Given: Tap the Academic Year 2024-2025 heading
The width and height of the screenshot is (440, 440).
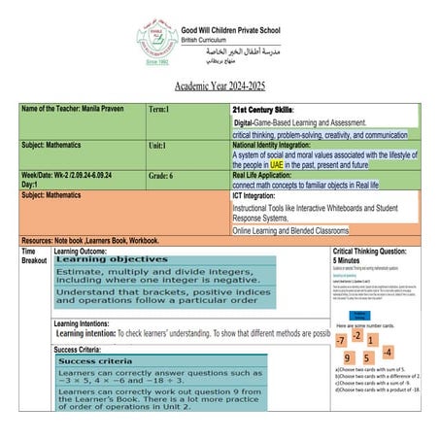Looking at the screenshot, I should click(220, 86).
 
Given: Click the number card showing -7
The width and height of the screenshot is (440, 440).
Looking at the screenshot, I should click(340, 341).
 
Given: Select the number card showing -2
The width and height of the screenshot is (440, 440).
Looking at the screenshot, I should click(357, 335).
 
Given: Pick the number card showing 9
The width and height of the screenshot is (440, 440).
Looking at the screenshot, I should click(348, 358).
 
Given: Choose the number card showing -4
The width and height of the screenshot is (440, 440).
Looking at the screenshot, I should click(387, 352).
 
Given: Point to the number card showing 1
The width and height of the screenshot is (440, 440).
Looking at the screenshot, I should click(372, 341).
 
